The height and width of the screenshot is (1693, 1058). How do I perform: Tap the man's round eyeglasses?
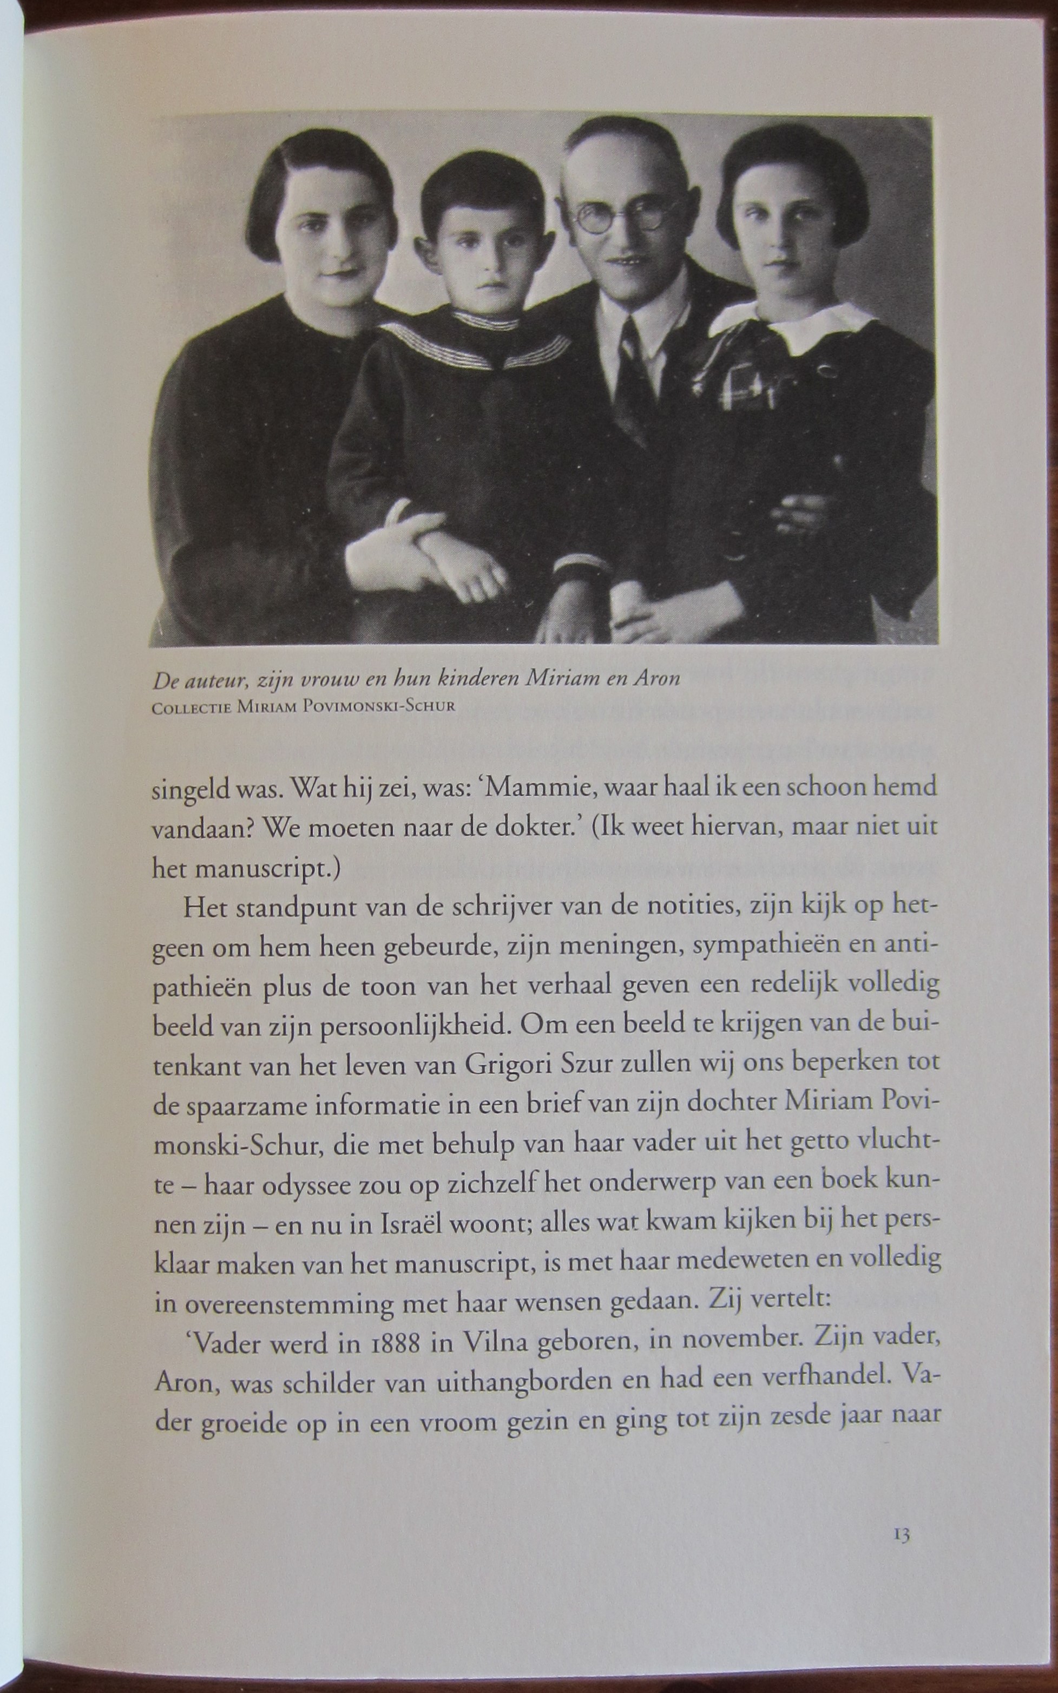click(625, 213)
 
